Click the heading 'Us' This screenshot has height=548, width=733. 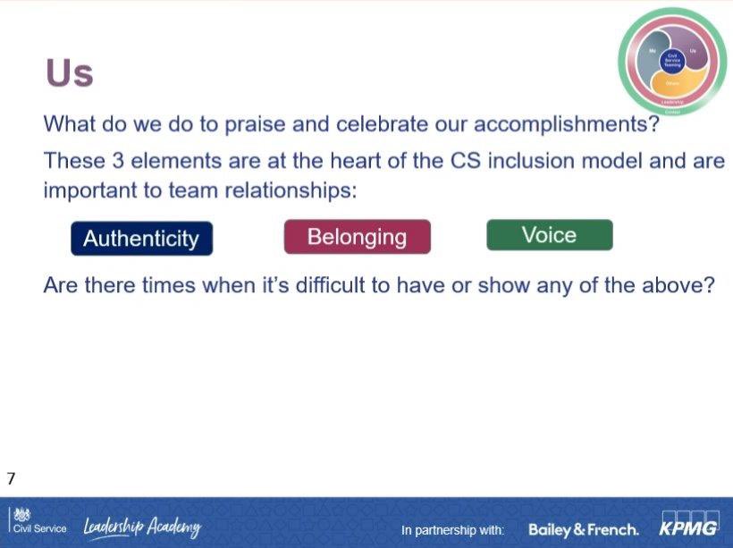(x=70, y=72)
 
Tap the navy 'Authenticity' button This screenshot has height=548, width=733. (x=141, y=239)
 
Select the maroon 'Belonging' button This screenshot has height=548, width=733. (x=357, y=237)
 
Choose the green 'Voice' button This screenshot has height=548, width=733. (x=549, y=235)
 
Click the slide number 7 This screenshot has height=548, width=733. (x=11, y=478)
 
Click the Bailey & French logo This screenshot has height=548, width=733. (x=583, y=529)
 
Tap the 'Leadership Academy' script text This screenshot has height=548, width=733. (x=143, y=527)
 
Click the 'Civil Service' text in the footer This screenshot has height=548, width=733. (x=39, y=528)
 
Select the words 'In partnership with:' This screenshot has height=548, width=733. (x=453, y=530)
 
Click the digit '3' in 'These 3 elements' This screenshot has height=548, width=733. (x=119, y=161)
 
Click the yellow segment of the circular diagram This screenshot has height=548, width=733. (x=672, y=85)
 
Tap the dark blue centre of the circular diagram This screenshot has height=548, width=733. (x=672, y=61)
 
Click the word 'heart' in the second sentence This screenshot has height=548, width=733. (x=358, y=161)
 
